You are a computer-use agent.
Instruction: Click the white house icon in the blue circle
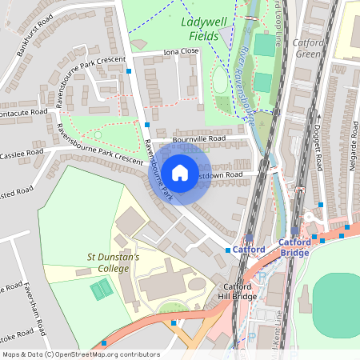click(180, 172)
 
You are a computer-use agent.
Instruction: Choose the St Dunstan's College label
click(113, 262)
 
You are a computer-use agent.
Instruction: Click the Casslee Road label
click(22, 153)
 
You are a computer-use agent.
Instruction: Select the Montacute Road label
click(24, 113)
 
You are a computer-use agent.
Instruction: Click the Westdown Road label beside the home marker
click(227, 174)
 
